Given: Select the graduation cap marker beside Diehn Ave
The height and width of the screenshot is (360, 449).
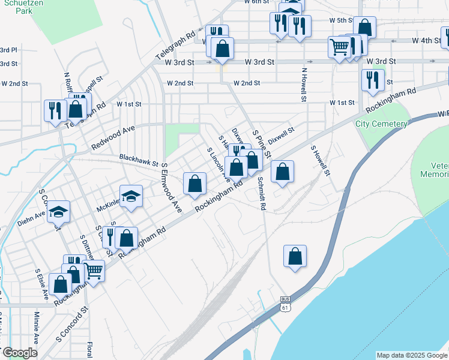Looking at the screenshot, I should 59,212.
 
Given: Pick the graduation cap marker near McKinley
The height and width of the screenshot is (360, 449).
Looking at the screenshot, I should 130,197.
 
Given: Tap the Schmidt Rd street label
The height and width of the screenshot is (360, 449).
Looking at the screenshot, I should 261,193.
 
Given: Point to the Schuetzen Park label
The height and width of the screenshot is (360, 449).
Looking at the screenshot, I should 13,7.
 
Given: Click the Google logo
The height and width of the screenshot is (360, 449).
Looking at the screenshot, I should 19,353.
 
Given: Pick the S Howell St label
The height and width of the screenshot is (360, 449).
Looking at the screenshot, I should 321,160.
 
